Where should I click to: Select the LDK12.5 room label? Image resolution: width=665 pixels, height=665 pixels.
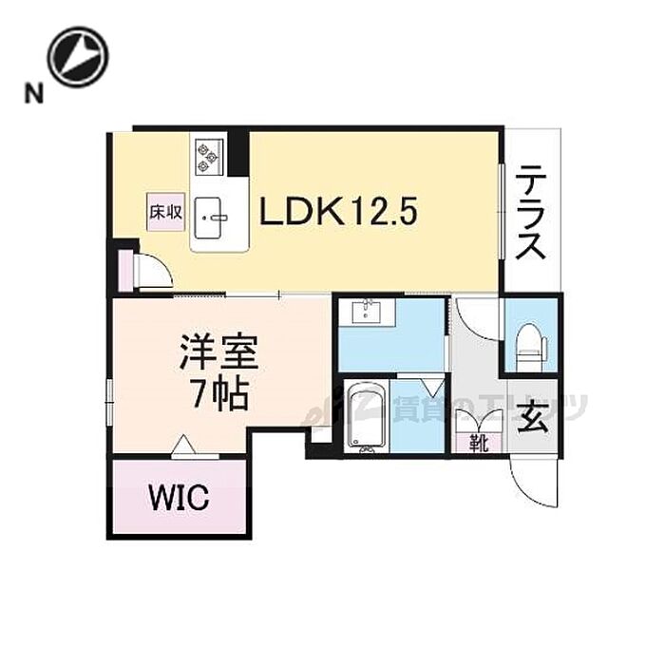338,209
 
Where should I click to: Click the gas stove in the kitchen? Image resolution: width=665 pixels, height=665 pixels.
208,155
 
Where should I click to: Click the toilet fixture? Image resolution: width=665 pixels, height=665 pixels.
528,345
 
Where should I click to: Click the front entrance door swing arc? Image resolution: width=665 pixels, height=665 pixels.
528,483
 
